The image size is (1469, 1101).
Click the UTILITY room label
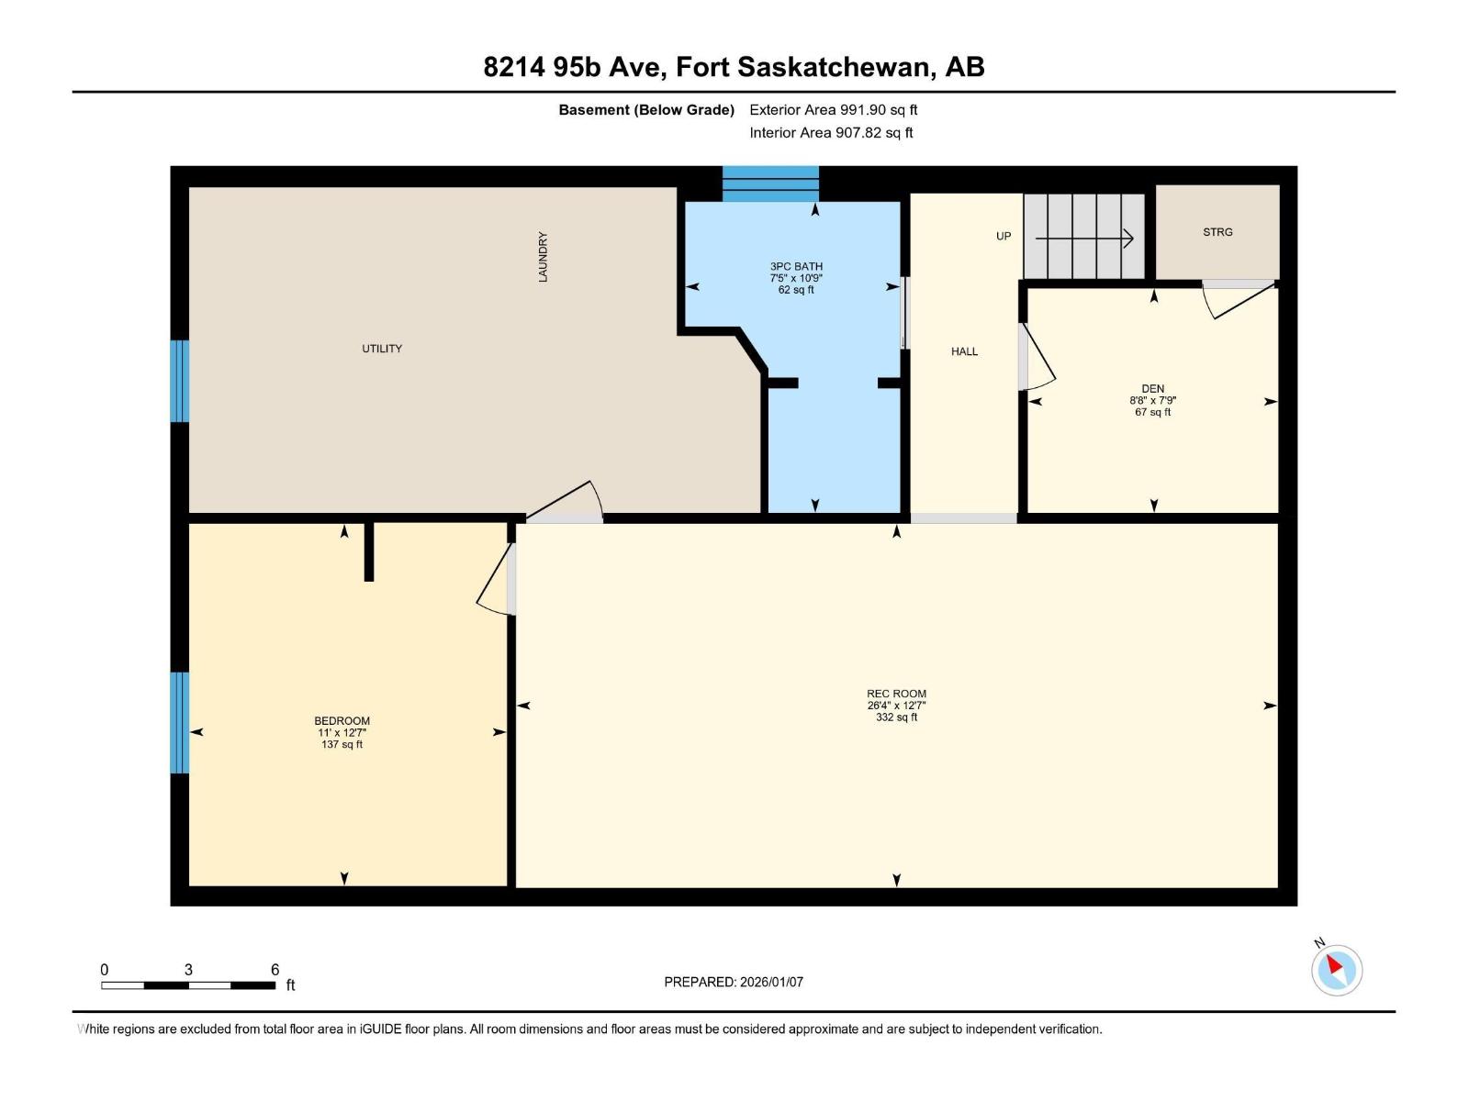pyautogui.click(x=382, y=349)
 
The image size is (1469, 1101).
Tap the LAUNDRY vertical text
pyautogui.click(x=543, y=257)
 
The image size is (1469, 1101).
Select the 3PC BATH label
pyautogui.click(x=796, y=267)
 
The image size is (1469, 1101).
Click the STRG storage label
pyautogui.click(x=1217, y=232)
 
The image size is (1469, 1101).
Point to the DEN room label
pyautogui.click(x=1152, y=389)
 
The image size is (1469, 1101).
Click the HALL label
pyautogui.click(x=964, y=351)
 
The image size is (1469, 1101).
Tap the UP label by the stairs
pyautogui.click(x=1004, y=237)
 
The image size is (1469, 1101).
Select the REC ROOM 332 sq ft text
pyautogui.click(x=896, y=717)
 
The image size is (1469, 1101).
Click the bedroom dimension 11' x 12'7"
pyautogui.click(x=342, y=733)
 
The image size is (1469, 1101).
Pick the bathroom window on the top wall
pyautogui.click(x=770, y=183)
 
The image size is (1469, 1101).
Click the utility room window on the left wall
pyautogui.click(x=180, y=381)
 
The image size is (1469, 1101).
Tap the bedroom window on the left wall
pyautogui.click(x=180, y=723)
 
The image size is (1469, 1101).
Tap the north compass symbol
pyautogui.click(x=1336, y=969)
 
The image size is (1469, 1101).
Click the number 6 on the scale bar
pyautogui.click(x=275, y=970)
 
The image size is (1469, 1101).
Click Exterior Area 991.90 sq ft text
pyautogui.click(x=833, y=110)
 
